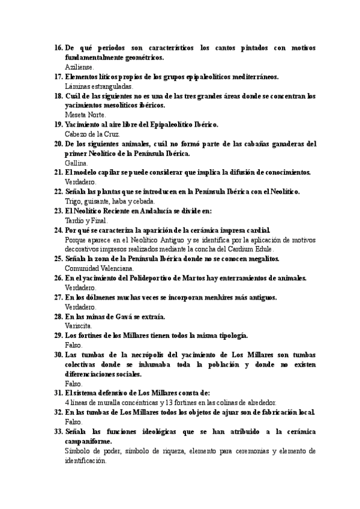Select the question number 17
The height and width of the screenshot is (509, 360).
click(x=58, y=77)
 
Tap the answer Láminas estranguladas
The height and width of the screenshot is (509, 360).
click(x=98, y=86)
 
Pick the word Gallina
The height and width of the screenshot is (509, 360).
click(x=76, y=163)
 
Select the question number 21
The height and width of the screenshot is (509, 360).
click(x=58, y=172)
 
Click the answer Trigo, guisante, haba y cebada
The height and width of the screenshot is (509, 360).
click(x=110, y=201)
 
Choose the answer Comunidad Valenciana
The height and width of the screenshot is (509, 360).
click(x=99, y=268)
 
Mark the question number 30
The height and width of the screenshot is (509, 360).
click(x=58, y=355)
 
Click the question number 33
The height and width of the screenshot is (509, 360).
click(x=58, y=432)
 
